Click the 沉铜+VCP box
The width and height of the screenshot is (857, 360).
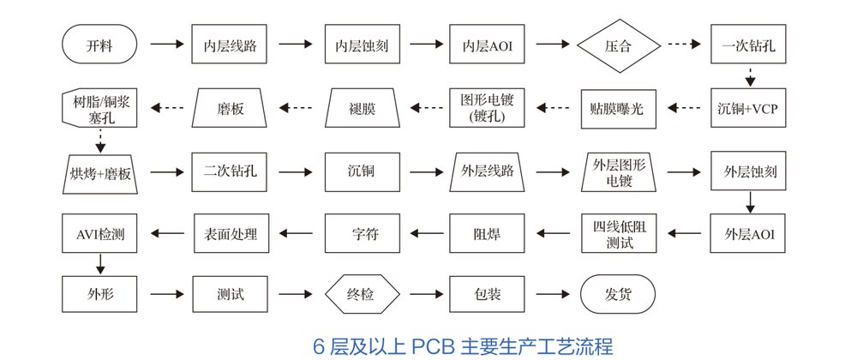749,108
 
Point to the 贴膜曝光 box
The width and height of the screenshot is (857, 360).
617,108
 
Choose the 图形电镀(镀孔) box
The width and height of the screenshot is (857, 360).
487,108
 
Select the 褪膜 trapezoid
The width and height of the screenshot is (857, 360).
362,108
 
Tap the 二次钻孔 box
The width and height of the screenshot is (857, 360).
230,170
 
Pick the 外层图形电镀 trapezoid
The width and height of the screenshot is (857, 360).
618,170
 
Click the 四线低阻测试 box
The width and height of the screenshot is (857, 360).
618,231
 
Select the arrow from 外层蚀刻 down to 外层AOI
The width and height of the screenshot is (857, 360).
749,201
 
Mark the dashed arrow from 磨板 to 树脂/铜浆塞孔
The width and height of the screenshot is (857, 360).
166,108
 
